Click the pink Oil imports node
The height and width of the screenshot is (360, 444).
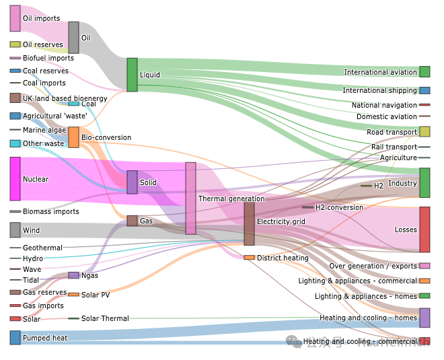[x=15, y=18]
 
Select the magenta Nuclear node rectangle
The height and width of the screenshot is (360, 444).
[x=15, y=179]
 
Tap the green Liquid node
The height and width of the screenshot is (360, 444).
[x=132, y=75]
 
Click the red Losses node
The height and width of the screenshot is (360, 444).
[x=424, y=229]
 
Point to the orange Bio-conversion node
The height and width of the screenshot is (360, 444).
[x=73, y=137]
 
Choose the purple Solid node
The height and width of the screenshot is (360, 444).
[x=132, y=182]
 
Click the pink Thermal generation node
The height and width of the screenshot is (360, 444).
[x=190, y=199]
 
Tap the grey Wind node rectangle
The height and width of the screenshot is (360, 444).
[x=15, y=230]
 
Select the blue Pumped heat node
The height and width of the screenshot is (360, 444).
[x=15, y=338]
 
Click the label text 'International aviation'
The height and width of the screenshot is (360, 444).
[x=380, y=73]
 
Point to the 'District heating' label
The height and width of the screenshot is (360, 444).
[x=283, y=258]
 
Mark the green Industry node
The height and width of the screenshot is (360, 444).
[x=424, y=183]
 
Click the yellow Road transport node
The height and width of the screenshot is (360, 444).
[x=424, y=132]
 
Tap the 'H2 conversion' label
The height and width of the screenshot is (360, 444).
[x=339, y=207]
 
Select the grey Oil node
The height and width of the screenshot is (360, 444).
[x=73, y=38]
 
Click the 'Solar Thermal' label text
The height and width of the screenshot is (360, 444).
[x=105, y=318]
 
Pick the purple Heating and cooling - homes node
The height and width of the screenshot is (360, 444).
[x=424, y=318]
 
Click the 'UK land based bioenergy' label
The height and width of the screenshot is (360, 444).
[x=65, y=98]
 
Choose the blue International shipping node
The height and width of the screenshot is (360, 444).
[x=424, y=91]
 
